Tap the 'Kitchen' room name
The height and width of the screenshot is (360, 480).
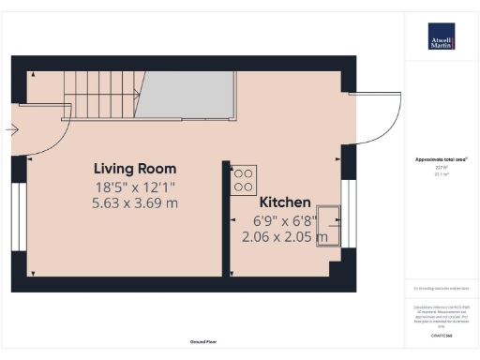285,202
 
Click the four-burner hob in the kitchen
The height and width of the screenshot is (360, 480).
244,176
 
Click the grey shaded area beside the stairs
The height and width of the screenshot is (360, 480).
187,93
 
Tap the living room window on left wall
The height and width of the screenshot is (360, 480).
19,216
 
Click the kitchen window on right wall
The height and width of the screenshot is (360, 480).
349,216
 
